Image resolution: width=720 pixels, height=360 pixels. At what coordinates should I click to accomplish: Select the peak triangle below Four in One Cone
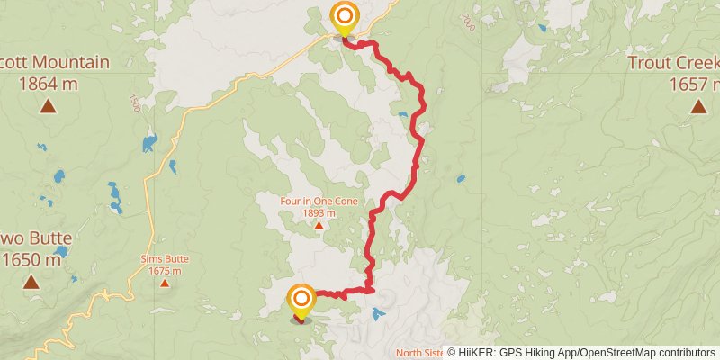[x=319, y=225]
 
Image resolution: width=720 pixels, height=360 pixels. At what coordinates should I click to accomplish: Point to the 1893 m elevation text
[x=319, y=213]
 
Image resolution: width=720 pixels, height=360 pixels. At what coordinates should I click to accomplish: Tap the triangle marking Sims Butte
[x=165, y=283]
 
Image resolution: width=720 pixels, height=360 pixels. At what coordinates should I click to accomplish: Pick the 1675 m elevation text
[x=165, y=271]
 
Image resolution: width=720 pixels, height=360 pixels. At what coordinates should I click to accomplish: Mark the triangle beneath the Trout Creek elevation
[x=697, y=107]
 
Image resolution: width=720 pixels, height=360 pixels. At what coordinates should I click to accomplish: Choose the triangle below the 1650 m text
[x=31, y=283]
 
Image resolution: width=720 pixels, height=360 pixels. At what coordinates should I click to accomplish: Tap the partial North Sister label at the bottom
[x=419, y=352]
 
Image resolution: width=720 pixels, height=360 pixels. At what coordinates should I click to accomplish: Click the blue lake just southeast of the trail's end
[x=377, y=314]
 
